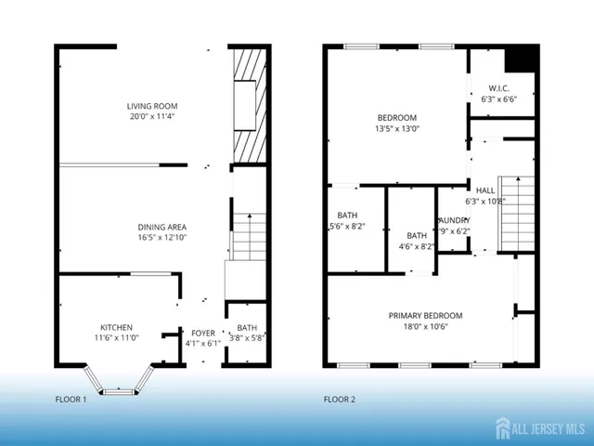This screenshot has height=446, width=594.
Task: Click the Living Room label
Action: pos(151,107)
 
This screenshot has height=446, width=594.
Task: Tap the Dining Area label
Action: pos(162,227)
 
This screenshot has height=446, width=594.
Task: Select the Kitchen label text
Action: pos(117,327)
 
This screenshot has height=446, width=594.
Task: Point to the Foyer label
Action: pos(203,332)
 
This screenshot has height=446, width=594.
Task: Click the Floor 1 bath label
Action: pos(246,327)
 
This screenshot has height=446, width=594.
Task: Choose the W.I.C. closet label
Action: pos(501,89)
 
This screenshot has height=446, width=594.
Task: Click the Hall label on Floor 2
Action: pos(485,190)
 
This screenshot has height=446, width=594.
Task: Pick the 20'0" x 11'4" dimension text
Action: pos(151,118)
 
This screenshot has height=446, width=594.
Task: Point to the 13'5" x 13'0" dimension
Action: pos(396,128)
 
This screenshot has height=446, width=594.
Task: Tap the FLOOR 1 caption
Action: pos(71,400)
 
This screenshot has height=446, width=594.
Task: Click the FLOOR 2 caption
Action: pos(340,400)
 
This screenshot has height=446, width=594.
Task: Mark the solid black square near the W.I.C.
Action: pos(522,59)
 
